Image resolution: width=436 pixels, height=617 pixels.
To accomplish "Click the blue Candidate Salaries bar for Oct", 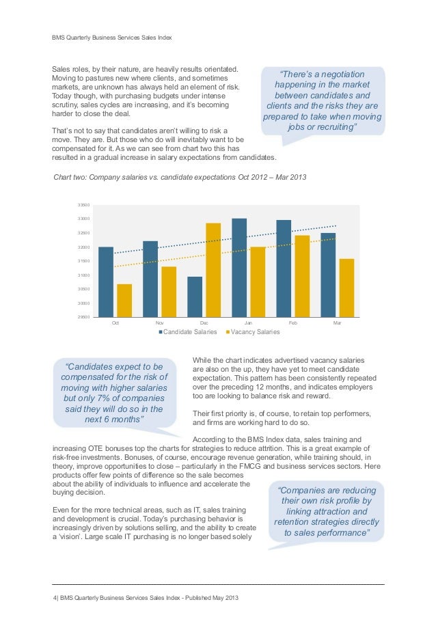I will (106, 282).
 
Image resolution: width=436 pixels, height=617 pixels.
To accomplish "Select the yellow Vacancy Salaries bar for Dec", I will (213, 270).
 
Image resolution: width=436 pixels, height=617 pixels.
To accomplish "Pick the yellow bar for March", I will (346, 288).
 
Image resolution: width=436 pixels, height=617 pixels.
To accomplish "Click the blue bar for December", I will (195, 297).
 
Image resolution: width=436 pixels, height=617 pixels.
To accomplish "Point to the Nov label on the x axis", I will (160, 322).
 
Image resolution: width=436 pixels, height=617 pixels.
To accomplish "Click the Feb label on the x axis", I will (292, 322).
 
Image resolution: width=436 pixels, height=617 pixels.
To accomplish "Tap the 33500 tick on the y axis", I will (83, 204).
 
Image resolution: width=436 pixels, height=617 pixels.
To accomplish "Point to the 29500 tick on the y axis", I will (83, 317).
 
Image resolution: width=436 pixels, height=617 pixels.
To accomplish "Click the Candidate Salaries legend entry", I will (188, 332).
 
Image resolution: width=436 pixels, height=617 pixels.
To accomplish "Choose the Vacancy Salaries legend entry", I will (252, 332).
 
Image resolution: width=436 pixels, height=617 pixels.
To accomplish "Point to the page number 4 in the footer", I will (55, 598).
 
